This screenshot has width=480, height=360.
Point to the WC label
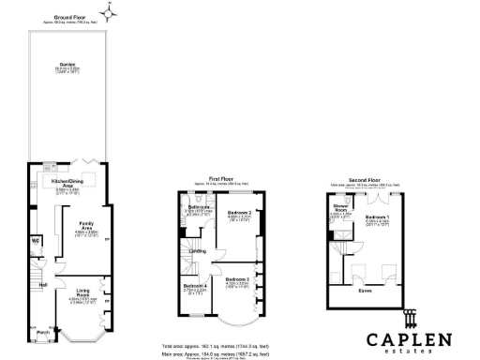35,240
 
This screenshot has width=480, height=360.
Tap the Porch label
43,331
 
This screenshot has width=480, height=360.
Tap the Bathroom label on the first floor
199,206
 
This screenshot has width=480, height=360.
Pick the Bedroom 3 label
237,278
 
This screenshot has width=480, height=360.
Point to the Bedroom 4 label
195,284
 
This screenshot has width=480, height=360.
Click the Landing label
199,250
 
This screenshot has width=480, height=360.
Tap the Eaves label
365,290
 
